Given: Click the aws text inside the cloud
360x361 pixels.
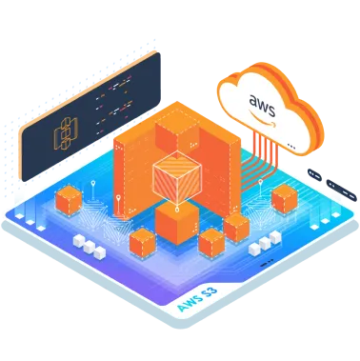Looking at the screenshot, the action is [264, 100].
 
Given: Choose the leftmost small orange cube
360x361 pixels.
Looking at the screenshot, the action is [68, 202].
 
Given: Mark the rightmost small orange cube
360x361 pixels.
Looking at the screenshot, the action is [284, 199].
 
